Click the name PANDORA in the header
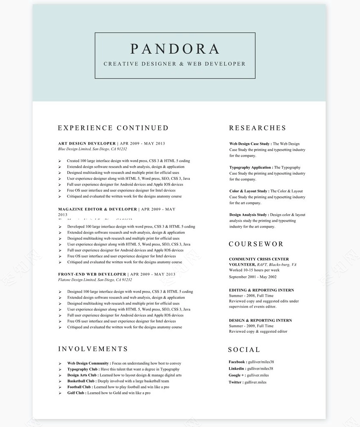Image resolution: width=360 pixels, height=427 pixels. [x=175, y=49]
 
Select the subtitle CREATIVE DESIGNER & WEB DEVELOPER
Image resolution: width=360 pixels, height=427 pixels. [x=175, y=64]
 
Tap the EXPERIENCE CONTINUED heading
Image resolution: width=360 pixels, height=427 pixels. [x=113, y=128]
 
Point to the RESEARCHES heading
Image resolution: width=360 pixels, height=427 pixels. [x=257, y=128]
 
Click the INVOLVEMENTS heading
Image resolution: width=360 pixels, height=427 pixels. [x=93, y=349]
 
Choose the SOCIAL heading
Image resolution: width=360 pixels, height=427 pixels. [x=244, y=349]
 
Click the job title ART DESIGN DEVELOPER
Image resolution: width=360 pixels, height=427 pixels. [x=87, y=143]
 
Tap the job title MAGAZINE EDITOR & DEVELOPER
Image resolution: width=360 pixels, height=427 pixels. [x=98, y=209]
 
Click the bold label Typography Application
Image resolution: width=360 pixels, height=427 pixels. [x=251, y=168]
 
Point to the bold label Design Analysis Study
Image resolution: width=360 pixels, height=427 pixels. [x=249, y=215]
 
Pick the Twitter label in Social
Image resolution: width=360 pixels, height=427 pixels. [x=236, y=382]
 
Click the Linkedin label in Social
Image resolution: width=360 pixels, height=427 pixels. [x=237, y=369]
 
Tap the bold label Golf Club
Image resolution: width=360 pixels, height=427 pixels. [x=77, y=393]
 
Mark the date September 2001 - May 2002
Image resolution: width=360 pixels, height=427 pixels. [x=252, y=277]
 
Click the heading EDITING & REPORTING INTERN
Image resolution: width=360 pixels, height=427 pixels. [x=261, y=290]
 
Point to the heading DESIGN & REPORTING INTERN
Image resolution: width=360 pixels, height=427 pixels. [x=260, y=320]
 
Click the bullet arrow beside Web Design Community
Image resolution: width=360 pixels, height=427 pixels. [x=60, y=363]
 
